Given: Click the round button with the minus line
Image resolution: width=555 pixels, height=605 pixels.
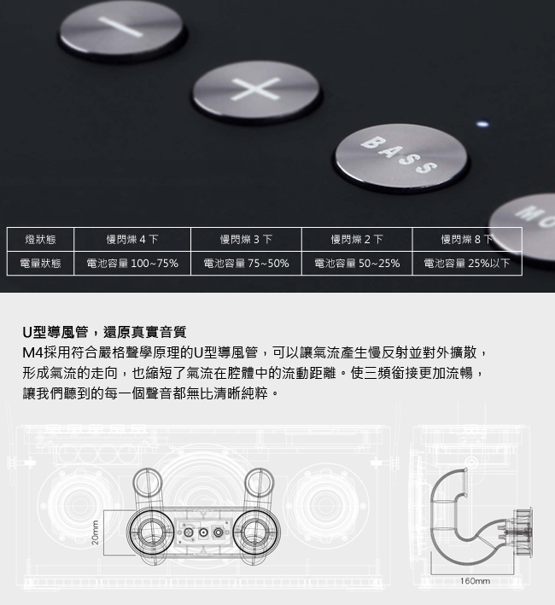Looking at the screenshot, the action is point(121,31).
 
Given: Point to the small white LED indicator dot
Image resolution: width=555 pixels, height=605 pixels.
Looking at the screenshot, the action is point(482,124).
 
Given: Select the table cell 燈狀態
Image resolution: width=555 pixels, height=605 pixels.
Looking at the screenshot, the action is point(40,240).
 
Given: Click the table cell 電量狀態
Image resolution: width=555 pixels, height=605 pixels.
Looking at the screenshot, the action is point(40,263).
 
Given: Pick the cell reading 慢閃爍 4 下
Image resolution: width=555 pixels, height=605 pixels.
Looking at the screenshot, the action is point(132,240).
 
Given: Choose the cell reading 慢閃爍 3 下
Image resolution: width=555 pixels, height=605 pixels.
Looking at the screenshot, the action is point(246,240).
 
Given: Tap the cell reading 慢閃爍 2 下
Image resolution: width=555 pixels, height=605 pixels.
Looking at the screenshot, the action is point(357,240).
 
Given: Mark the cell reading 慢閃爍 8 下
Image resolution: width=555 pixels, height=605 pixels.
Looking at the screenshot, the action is point(467,240).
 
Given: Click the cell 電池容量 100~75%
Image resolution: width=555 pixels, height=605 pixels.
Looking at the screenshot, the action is point(132,263).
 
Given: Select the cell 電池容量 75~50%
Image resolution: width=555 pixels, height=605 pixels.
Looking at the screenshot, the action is point(246,263).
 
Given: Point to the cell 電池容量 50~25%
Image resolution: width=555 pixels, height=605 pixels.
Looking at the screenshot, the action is point(357,263).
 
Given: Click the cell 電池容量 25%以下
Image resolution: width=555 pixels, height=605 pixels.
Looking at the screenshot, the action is point(467,263).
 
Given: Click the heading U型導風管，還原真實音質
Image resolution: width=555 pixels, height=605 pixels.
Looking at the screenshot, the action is point(104,332).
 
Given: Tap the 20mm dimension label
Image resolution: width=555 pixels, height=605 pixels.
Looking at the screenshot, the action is point(96,532).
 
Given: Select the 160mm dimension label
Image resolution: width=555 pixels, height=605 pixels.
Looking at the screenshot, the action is point(475,581).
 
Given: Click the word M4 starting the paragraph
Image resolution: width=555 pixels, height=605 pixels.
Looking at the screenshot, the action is point(32,352).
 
